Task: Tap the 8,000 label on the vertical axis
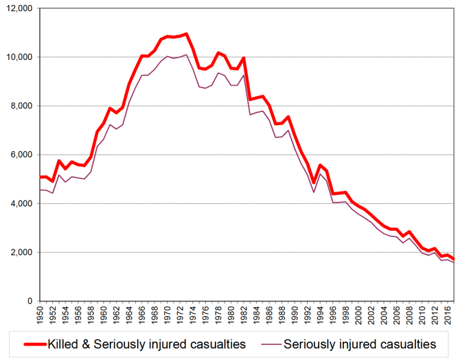pyautogui.click(x=22, y=106)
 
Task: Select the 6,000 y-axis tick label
pyautogui.click(x=22, y=155)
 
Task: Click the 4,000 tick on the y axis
pyautogui.click(x=22, y=203)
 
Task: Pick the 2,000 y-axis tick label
pyautogui.click(x=22, y=252)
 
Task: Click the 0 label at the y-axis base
pyautogui.click(x=32, y=301)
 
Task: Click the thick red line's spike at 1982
pyautogui.click(x=243, y=58)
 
